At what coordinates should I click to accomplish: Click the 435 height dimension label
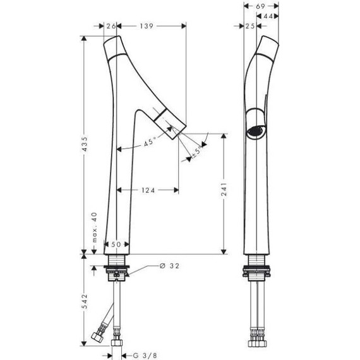coord(85,144)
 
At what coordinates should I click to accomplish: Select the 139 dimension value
coord(147,26)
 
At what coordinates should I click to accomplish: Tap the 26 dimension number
coord(111,26)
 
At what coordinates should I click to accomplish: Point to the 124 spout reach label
coord(148,190)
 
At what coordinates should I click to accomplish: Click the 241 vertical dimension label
coord(224,189)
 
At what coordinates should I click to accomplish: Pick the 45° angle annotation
coord(150,141)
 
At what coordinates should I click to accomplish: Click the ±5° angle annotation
coord(197,152)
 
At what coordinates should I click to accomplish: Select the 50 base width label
coord(116,244)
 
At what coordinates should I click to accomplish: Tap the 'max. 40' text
coord(94,227)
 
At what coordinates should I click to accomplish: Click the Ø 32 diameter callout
coord(169,266)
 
